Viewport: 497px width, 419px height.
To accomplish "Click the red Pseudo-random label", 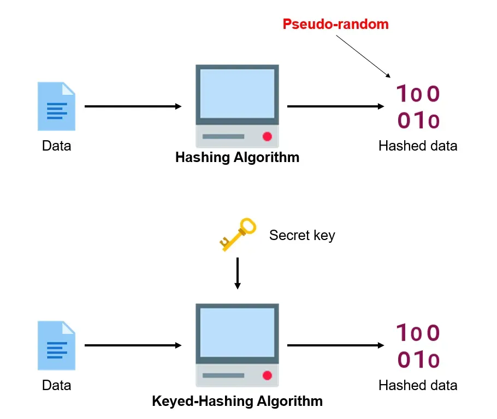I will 335,24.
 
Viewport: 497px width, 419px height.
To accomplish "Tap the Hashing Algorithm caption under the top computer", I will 237,158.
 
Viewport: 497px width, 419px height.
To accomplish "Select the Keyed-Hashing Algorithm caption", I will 237,402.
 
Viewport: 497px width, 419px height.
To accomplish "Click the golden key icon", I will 238,234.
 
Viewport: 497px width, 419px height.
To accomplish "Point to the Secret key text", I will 302,235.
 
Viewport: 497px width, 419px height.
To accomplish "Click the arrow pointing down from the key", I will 237,273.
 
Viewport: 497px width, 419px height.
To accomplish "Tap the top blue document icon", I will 56,106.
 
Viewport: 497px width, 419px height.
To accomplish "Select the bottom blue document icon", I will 56,345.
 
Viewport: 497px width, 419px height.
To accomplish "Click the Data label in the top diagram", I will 56,146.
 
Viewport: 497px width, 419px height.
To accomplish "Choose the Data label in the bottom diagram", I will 56,385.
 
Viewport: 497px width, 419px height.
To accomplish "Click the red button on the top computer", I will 267,136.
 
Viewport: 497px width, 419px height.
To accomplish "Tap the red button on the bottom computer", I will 267,375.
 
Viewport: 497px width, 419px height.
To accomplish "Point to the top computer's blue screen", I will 237,93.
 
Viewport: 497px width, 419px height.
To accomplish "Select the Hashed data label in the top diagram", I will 418,146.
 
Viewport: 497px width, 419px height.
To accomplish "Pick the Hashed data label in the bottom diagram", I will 418,385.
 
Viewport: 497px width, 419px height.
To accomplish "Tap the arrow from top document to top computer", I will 133,106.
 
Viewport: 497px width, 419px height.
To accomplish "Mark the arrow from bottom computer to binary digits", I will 335,345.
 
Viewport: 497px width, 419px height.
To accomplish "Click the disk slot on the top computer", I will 223,136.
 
